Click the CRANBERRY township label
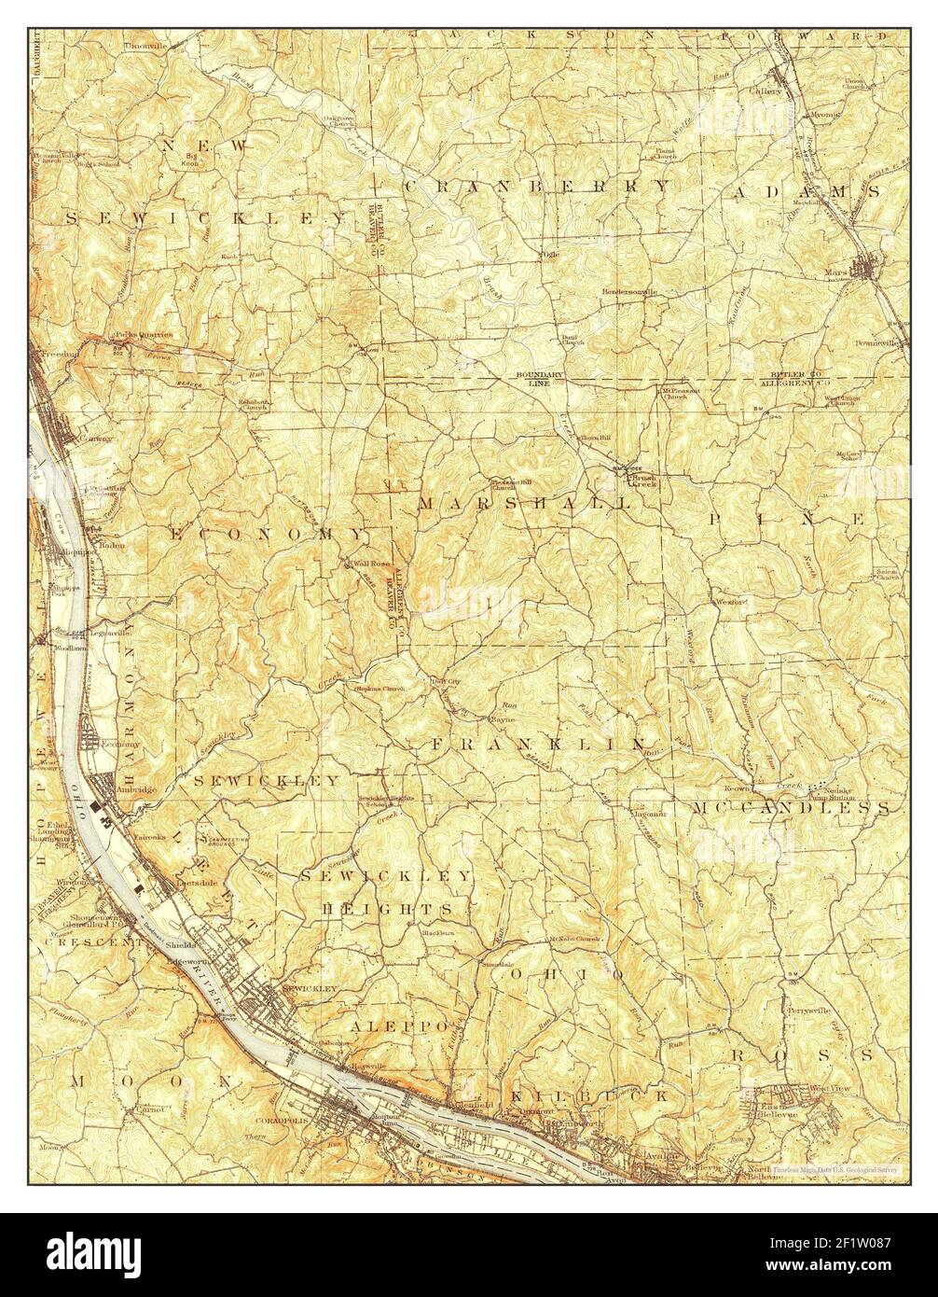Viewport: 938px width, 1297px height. (537, 187)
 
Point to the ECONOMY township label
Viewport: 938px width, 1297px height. (268, 534)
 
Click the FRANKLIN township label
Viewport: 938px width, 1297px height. (538, 744)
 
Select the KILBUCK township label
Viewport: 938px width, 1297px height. (586, 1095)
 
